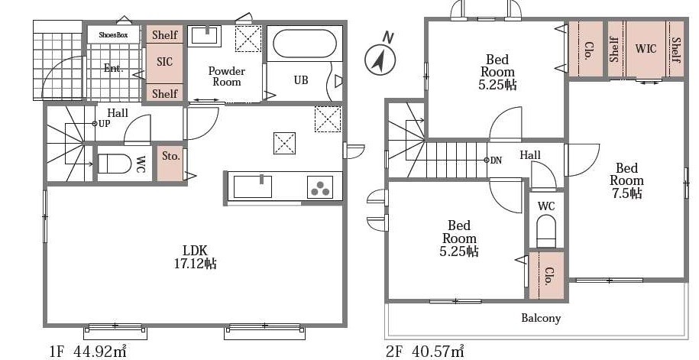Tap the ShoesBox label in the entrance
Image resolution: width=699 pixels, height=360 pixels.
click(x=113, y=35)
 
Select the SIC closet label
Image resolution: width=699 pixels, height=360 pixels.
click(x=164, y=62)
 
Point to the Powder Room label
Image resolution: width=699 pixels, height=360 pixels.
click(x=226, y=76)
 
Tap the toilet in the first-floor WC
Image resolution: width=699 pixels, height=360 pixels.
click(x=114, y=164)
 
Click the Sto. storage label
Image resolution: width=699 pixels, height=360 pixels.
click(x=170, y=156)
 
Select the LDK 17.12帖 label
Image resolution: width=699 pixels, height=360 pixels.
click(x=196, y=257)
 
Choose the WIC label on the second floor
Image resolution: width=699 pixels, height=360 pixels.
click(x=646, y=48)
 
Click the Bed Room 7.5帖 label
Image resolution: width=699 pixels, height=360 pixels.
click(x=626, y=180)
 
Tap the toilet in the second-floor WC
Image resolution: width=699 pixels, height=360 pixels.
click(x=546, y=231)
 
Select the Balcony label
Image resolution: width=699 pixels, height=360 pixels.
click(x=541, y=318)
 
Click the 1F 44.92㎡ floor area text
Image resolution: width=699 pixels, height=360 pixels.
click(x=89, y=351)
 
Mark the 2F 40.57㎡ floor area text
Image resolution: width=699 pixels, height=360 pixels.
click(x=425, y=351)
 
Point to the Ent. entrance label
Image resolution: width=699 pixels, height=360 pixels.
click(x=113, y=68)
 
